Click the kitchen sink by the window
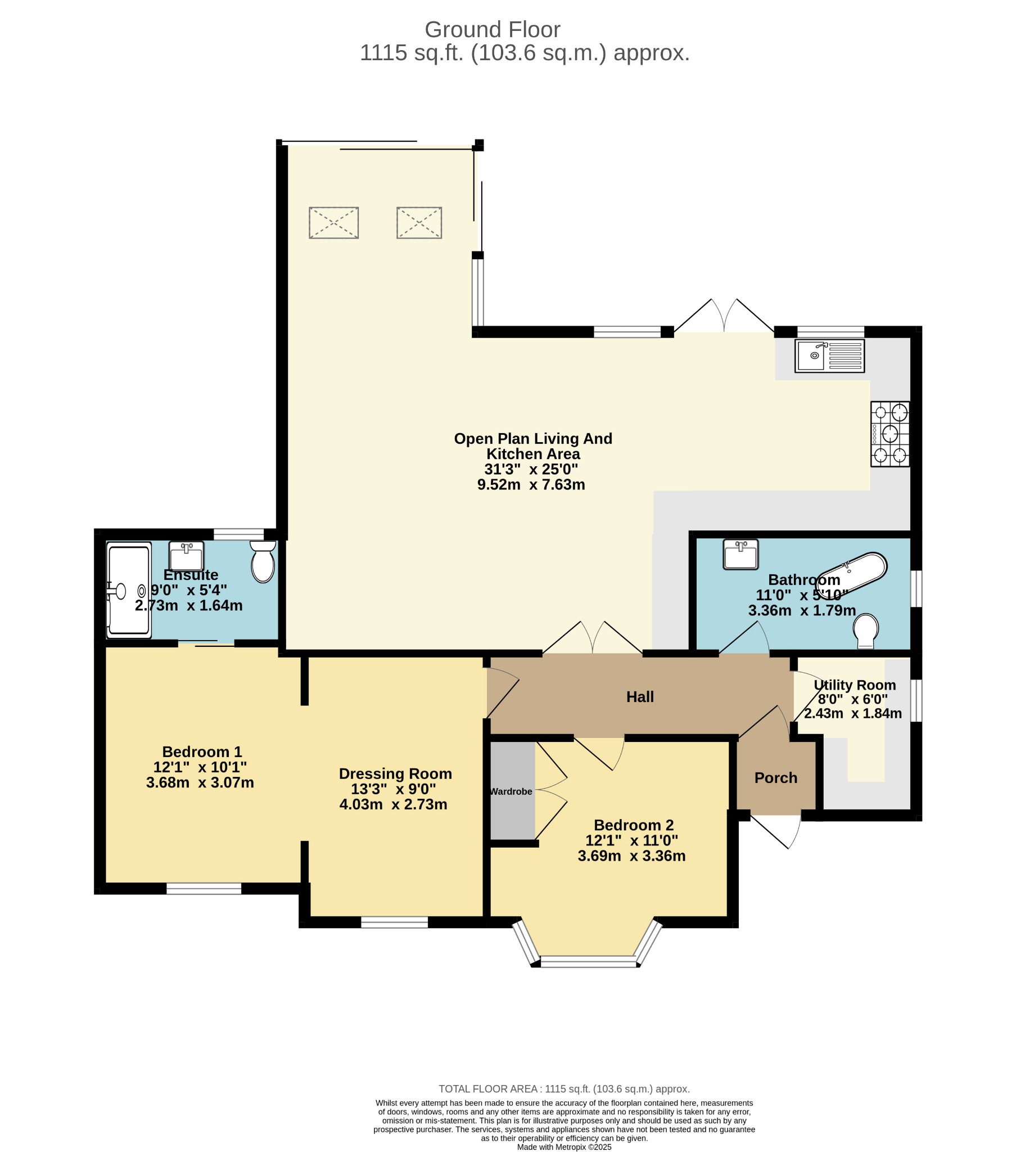pyautogui.click(x=829, y=355)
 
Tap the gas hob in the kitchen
pyautogui.click(x=890, y=434)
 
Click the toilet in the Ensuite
pyautogui.click(x=263, y=562)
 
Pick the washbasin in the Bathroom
pyautogui.click(x=741, y=555)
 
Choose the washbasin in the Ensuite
pyautogui.click(x=186, y=556)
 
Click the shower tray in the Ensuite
pyautogui.click(x=129, y=590)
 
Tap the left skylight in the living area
pyautogui.click(x=333, y=223)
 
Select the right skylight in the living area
pyautogui.click(x=419, y=223)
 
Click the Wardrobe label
pyautogui.click(x=511, y=791)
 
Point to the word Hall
pyautogui.click(x=640, y=696)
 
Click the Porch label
pyautogui.click(x=776, y=778)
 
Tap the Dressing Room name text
pyautogui.click(x=395, y=773)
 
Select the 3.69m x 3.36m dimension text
pyautogui.click(x=631, y=856)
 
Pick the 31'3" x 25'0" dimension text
pyautogui.click(x=531, y=469)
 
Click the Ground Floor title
pyautogui.click(x=492, y=29)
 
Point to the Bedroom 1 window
pyautogui.click(x=204, y=889)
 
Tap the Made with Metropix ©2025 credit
pyautogui.click(x=564, y=1147)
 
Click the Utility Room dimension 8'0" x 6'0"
pyautogui.click(x=852, y=699)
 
